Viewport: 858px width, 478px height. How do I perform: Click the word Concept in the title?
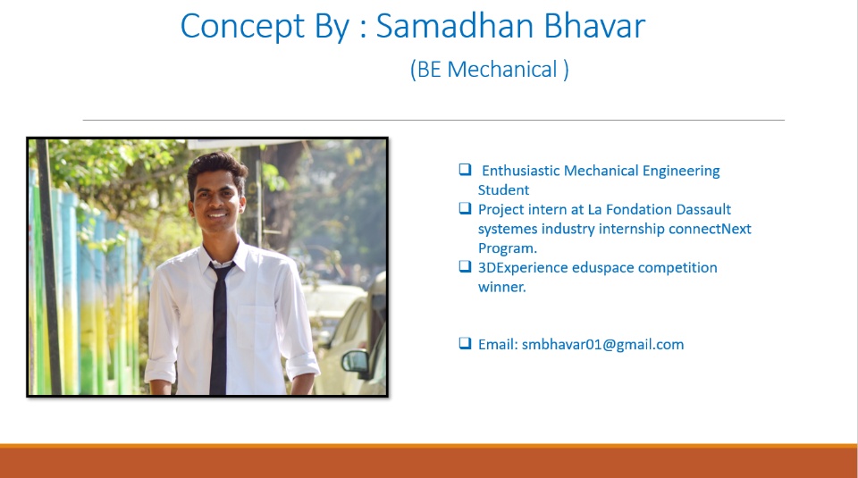coord(242,26)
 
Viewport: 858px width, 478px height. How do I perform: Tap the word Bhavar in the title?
coord(594,25)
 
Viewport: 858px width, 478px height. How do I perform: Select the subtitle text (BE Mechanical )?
coord(489,70)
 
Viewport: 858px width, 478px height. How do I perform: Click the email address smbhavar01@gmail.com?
coord(602,345)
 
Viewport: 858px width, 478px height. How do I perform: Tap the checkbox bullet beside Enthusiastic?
coord(465,170)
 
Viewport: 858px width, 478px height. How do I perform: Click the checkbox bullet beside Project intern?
coord(465,208)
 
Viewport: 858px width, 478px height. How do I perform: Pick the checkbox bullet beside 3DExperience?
coord(465,266)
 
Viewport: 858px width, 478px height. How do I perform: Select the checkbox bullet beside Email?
coord(465,343)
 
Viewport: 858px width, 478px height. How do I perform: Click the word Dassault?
coord(703,209)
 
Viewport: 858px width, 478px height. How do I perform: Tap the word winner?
coord(501,287)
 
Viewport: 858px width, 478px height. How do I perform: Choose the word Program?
coord(508,248)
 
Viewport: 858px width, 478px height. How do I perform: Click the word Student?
coord(503,189)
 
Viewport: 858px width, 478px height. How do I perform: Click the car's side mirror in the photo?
coord(356,363)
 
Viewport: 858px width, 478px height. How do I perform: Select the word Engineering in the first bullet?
coord(681,172)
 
